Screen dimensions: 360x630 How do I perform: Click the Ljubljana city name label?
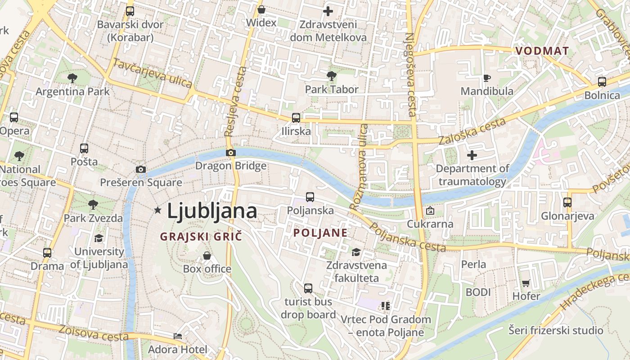[212, 211]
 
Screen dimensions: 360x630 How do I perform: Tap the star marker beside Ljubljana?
[157, 210]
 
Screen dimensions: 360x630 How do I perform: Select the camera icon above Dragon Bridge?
[230, 153]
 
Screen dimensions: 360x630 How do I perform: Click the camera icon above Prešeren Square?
[141, 169]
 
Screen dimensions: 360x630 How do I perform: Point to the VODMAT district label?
[542, 51]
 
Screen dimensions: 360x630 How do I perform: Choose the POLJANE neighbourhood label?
[320, 233]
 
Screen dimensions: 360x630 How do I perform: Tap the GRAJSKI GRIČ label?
[201, 236]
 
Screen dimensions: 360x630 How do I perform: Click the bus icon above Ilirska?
[296, 118]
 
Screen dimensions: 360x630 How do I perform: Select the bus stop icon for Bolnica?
[602, 82]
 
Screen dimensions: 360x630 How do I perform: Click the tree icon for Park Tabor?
[332, 76]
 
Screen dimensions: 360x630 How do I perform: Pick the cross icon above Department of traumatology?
[472, 155]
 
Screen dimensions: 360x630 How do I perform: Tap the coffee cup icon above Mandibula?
[486, 78]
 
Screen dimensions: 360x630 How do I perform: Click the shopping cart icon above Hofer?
[526, 283]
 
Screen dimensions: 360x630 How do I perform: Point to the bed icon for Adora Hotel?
[178, 336]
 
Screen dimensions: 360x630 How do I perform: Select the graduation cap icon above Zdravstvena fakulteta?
[356, 252]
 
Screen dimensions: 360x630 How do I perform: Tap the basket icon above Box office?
[207, 256]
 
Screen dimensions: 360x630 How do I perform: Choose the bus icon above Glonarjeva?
[567, 202]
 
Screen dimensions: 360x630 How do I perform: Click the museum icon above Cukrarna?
[430, 210]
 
